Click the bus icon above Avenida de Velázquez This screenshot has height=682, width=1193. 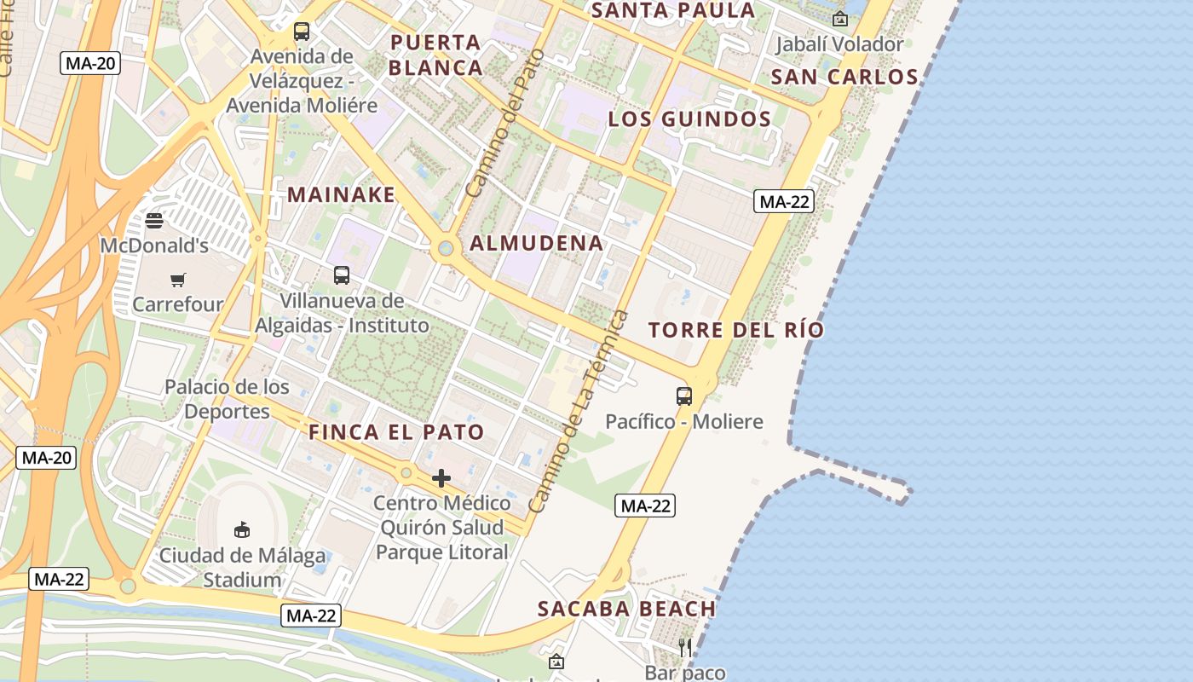tap(302, 32)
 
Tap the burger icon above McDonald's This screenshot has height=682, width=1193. tap(154, 221)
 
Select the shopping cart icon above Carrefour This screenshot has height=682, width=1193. tap(178, 280)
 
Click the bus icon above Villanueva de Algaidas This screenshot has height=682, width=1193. tap(342, 275)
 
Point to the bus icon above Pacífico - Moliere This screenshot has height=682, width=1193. tap(684, 396)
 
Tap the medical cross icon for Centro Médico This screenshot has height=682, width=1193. tap(441, 478)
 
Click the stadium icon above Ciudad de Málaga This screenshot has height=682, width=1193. tap(242, 529)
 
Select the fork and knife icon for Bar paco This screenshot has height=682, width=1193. tap(684, 648)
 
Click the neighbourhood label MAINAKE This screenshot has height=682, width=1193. tap(341, 194)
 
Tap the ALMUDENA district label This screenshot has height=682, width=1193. tap(537, 244)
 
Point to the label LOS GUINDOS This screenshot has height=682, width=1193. tap(689, 119)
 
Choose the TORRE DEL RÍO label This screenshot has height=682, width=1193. tap(736, 331)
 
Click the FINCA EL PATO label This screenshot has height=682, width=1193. tap(396, 432)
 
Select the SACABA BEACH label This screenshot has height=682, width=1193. tap(626, 609)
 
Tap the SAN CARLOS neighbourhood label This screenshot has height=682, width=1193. tap(844, 78)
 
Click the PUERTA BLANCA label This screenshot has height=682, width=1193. tap(437, 55)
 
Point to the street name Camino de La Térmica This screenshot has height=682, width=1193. tap(579, 412)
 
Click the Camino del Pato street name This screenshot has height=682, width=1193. tap(504, 136)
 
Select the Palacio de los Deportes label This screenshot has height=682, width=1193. tap(227, 399)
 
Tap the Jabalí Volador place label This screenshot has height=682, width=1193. tap(839, 44)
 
